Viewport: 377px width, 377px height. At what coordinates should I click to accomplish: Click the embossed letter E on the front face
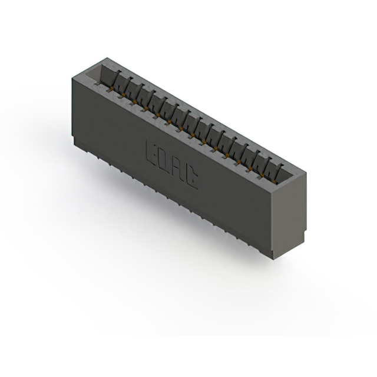click(151, 150)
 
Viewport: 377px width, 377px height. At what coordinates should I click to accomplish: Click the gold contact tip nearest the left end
click(111, 88)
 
